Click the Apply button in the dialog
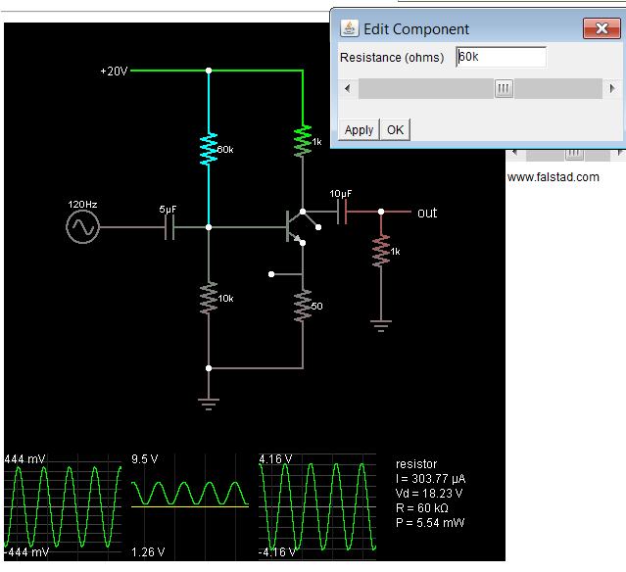point(359,129)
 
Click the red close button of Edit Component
point(597,28)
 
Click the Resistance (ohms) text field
point(501,58)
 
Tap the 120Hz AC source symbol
point(82,228)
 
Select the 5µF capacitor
point(169,228)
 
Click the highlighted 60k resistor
point(209,150)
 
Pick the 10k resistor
point(209,298)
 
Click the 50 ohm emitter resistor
point(303,307)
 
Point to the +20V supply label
point(114,71)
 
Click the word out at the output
point(427,213)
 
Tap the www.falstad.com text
point(553,177)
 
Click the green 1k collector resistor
point(304,141)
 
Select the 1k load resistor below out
point(382,252)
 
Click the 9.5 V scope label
point(145,457)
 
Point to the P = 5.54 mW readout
point(430,523)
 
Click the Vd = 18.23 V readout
point(429,494)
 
